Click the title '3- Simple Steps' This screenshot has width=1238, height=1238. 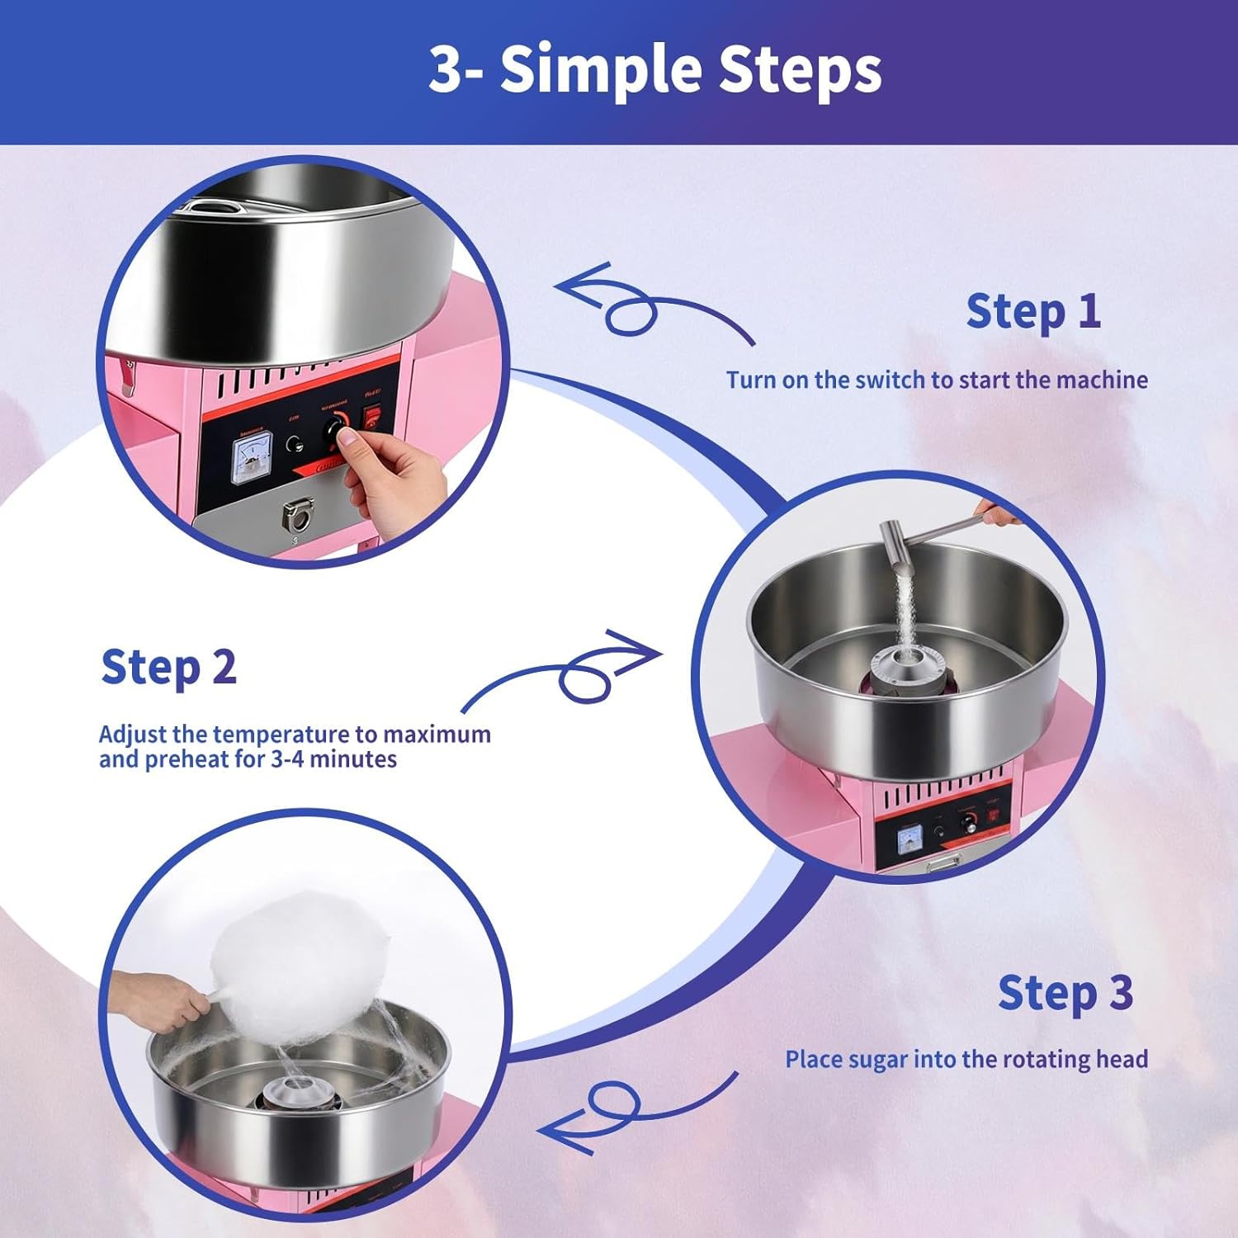click(x=654, y=69)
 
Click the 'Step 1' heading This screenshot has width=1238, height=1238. click(x=1032, y=312)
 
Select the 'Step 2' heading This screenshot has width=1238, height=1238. click(x=168, y=667)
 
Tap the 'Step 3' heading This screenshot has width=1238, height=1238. click(x=1065, y=993)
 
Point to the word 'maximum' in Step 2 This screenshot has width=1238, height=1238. click(x=437, y=734)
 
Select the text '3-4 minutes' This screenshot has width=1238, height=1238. click(x=333, y=759)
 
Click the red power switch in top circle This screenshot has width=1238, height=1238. click(x=374, y=417)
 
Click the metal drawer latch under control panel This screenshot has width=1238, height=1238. click(x=298, y=517)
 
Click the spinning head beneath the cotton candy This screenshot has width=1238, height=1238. click(x=296, y=1094)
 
